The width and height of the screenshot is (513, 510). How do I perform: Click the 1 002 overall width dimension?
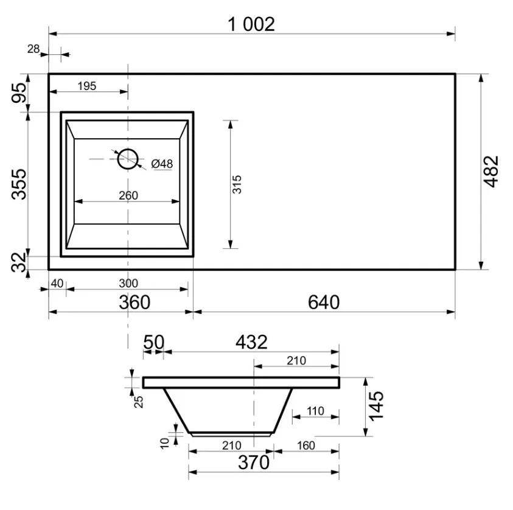point(251,24)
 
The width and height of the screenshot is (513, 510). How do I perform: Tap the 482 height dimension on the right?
point(491,172)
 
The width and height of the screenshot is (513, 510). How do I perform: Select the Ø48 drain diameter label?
point(162,164)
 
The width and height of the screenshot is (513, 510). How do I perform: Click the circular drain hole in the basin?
point(128,159)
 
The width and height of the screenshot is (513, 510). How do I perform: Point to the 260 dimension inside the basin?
point(128,195)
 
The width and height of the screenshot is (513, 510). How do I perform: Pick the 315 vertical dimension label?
point(237,184)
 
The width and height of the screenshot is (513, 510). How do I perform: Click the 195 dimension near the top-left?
point(86,86)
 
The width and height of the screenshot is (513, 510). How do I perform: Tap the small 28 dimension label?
point(33,49)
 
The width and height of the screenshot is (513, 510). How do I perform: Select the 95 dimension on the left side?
point(19,93)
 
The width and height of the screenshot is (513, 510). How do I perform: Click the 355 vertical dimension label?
point(19,184)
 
